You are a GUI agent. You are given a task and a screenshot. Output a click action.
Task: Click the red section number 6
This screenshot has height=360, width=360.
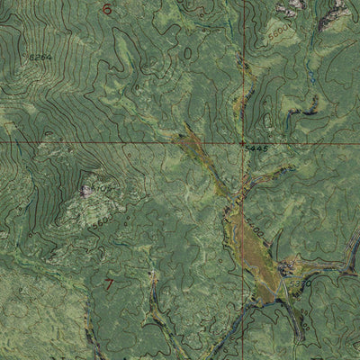point(106,10)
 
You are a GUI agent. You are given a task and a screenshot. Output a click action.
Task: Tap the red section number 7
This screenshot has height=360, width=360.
point(110,285)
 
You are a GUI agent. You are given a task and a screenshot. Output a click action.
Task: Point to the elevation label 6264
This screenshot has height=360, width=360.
point(40,58)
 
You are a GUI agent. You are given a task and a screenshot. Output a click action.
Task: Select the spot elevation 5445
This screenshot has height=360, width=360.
point(256,147)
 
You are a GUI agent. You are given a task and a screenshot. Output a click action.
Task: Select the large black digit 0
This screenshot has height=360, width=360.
point(187,54)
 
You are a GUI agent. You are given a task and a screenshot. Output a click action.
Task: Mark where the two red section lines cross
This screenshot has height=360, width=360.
point(241,141)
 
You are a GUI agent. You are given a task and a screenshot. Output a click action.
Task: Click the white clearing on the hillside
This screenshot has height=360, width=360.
point(86,190)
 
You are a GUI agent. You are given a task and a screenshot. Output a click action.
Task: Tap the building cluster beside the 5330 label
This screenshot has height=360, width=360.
point(287,267)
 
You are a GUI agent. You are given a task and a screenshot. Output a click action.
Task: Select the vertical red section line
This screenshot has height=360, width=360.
point(241,72)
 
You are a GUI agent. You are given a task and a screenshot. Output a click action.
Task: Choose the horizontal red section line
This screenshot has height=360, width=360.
point(90,141)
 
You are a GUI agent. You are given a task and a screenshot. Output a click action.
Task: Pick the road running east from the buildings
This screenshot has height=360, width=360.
point(324,269)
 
